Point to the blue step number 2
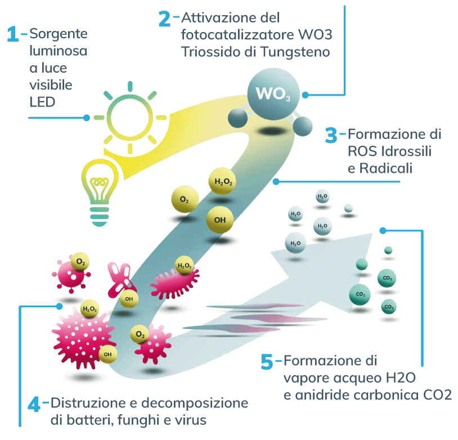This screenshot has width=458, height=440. point(164,19)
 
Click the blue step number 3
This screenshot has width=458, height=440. point(331,136)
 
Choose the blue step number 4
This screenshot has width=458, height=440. point(34,404)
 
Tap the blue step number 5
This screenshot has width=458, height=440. point(268,362)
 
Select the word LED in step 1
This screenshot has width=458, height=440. point(43,102)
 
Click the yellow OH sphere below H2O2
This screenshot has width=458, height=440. point(220,220)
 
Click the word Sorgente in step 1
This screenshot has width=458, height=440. point(59,34)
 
